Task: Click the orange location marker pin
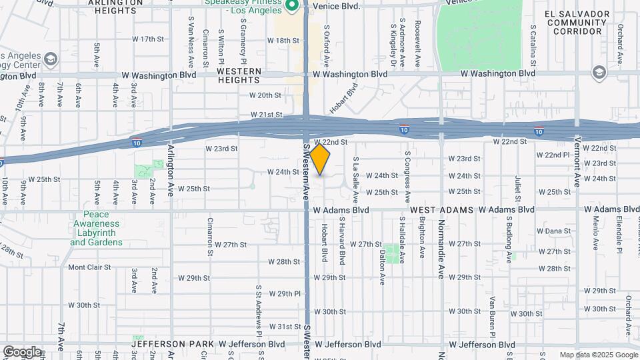[320, 159]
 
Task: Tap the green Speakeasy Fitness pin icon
[291, 6]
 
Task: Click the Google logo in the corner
[22, 351]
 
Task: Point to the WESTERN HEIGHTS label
[239, 75]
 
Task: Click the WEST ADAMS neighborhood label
[441, 209]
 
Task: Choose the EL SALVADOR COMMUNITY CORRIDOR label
[577, 22]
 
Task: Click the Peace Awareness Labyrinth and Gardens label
[96, 228]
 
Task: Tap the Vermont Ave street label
[577, 163]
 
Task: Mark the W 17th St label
[147, 39]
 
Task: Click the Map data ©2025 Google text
[597, 355]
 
